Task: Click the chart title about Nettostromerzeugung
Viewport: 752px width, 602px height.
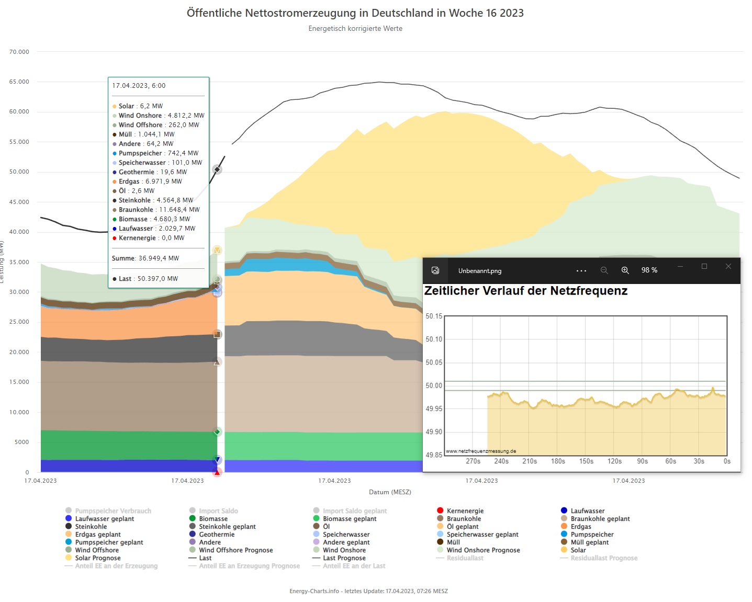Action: point(355,13)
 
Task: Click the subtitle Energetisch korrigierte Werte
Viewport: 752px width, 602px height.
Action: point(355,29)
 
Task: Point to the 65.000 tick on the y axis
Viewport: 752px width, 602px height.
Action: point(19,82)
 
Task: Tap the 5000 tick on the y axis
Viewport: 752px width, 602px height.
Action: point(22,442)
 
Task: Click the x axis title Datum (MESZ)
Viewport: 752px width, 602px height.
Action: point(390,492)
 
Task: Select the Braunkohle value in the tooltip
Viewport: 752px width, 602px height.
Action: point(159,210)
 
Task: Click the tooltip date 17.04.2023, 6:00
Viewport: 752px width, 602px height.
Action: point(139,86)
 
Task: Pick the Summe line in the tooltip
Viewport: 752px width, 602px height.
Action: point(145,258)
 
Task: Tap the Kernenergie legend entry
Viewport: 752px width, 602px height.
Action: point(465,511)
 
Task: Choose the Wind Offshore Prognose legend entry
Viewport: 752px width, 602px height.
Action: point(235,550)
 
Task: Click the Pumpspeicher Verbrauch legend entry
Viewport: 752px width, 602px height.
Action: point(113,511)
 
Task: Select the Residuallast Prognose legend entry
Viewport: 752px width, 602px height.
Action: point(603,558)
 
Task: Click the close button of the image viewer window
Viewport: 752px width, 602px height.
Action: point(728,267)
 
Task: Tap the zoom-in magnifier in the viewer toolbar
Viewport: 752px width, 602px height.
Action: point(625,270)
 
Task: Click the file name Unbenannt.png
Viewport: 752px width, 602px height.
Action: point(479,271)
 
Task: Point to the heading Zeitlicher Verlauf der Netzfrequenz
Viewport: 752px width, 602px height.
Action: point(525,291)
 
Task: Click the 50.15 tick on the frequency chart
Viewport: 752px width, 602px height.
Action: point(434,316)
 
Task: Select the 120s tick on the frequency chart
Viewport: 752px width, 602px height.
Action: point(614,461)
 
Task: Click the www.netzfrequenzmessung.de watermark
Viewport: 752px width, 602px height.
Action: point(481,451)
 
